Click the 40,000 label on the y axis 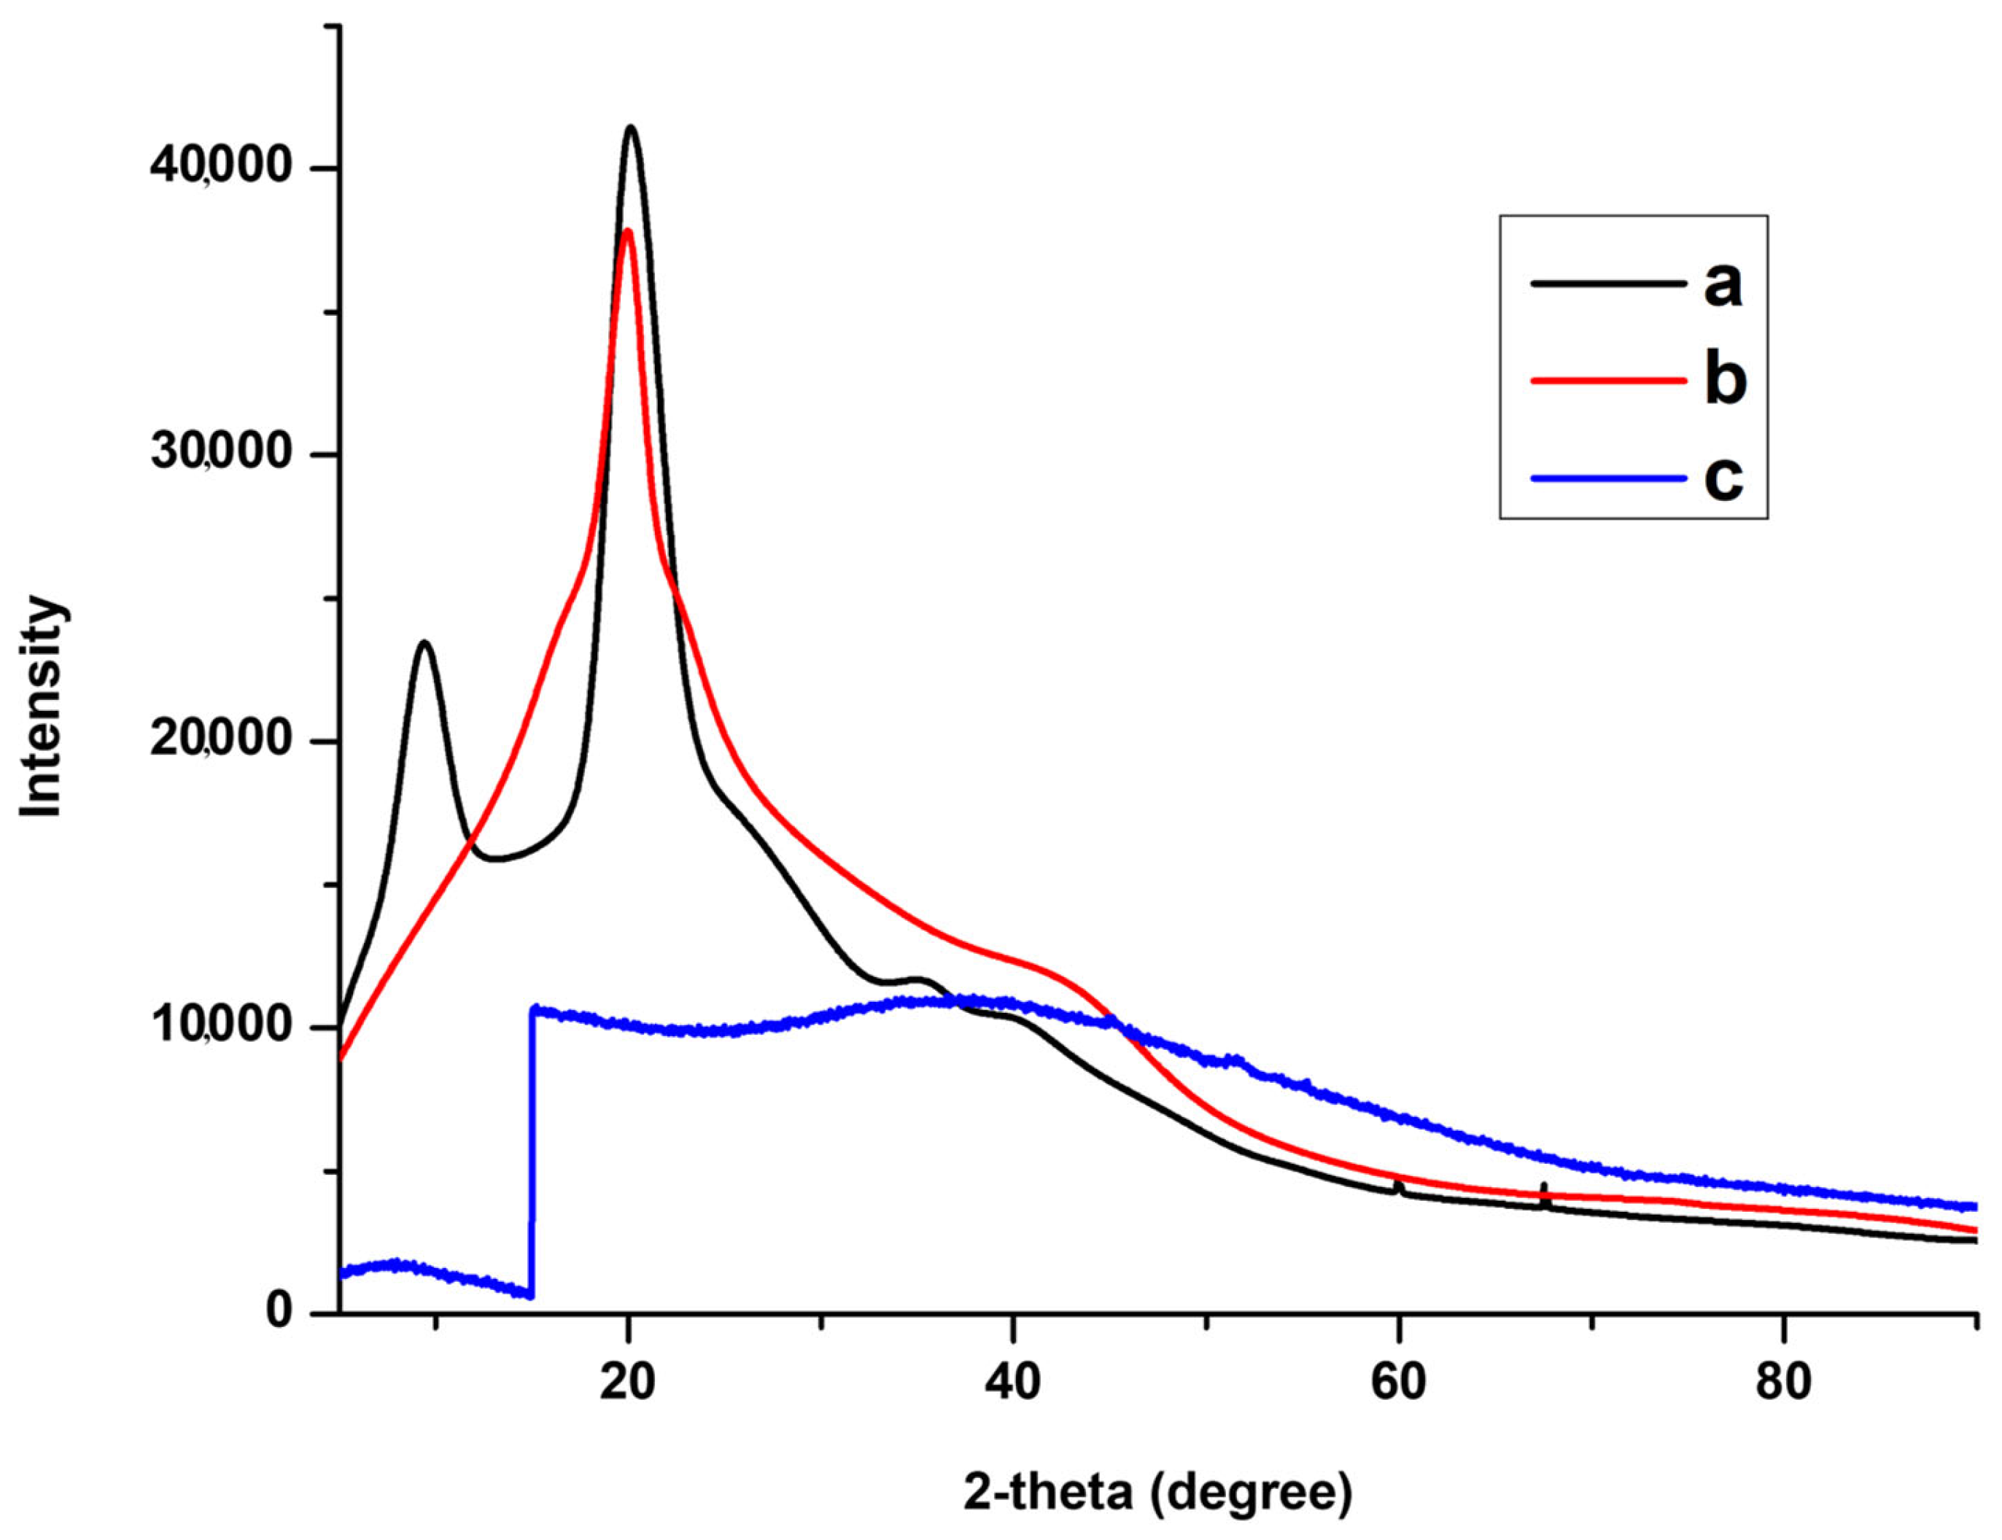click(x=220, y=168)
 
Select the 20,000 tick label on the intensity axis click(x=220, y=741)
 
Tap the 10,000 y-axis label click(x=220, y=1027)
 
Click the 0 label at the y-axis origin click(x=279, y=1312)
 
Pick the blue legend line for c click(x=1609, y=477)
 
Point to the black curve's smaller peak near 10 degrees click(x=424, y=642)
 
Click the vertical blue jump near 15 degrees click(x=532, y=1155)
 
